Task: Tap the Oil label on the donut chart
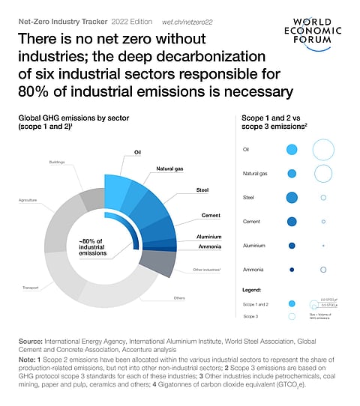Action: [137, 152]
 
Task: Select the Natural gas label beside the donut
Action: [170, 169]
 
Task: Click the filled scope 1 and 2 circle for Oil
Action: [292, 150]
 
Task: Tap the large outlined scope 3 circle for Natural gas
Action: [323, 174]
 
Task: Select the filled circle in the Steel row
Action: [292, 198]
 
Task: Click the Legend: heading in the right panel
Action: [252, 289]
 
